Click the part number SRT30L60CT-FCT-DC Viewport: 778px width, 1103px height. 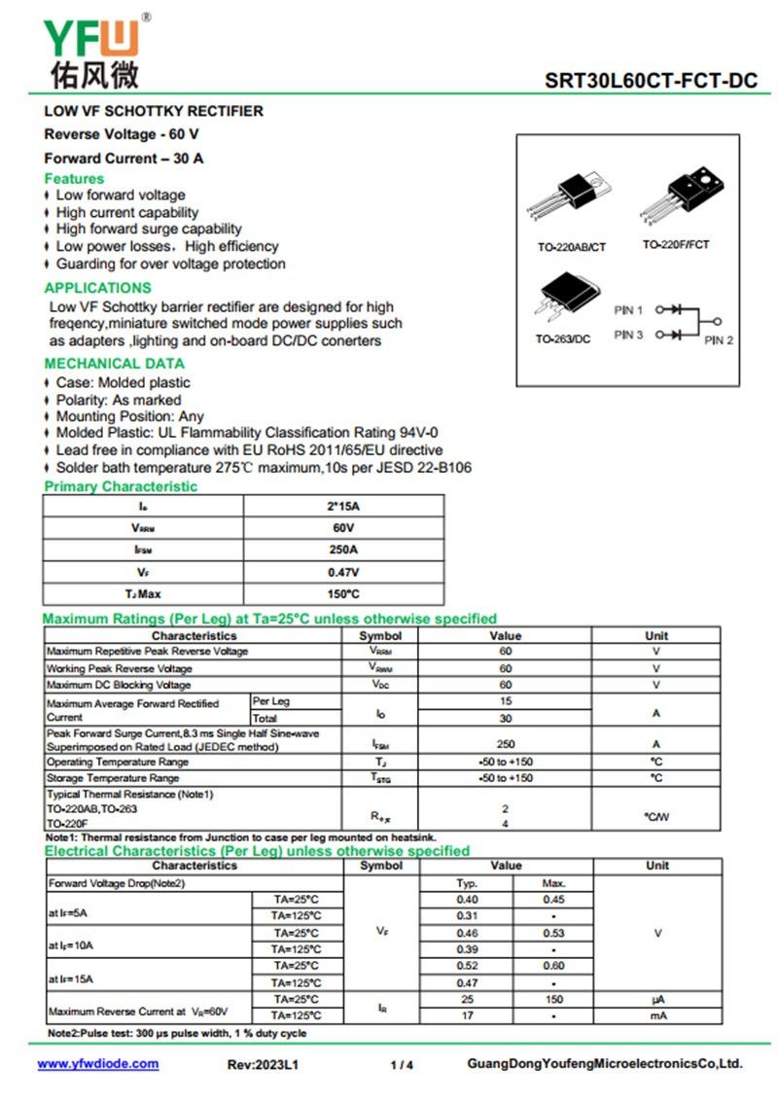(651, 81)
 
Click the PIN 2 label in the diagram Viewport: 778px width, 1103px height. (719, 340)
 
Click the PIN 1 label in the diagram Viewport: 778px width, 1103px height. (628, 310)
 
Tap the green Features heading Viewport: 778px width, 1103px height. (74, 179)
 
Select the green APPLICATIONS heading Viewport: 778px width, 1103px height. (97, 288)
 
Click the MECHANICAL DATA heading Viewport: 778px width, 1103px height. (114, 364)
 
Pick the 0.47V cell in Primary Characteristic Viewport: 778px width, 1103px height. (343, 572)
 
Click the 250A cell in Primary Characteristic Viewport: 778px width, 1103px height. (343, 550)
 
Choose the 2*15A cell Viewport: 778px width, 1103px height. (343, 507)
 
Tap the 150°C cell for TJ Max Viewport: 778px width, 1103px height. (343, 593)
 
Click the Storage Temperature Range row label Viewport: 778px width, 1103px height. (113, 778)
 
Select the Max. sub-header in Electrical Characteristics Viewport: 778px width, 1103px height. (553, 883)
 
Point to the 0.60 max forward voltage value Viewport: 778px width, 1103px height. (553, 966)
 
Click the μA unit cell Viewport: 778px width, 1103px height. (657, 1000)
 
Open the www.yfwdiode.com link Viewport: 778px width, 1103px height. (98, 1064)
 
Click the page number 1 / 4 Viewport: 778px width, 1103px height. (402, 1065)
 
